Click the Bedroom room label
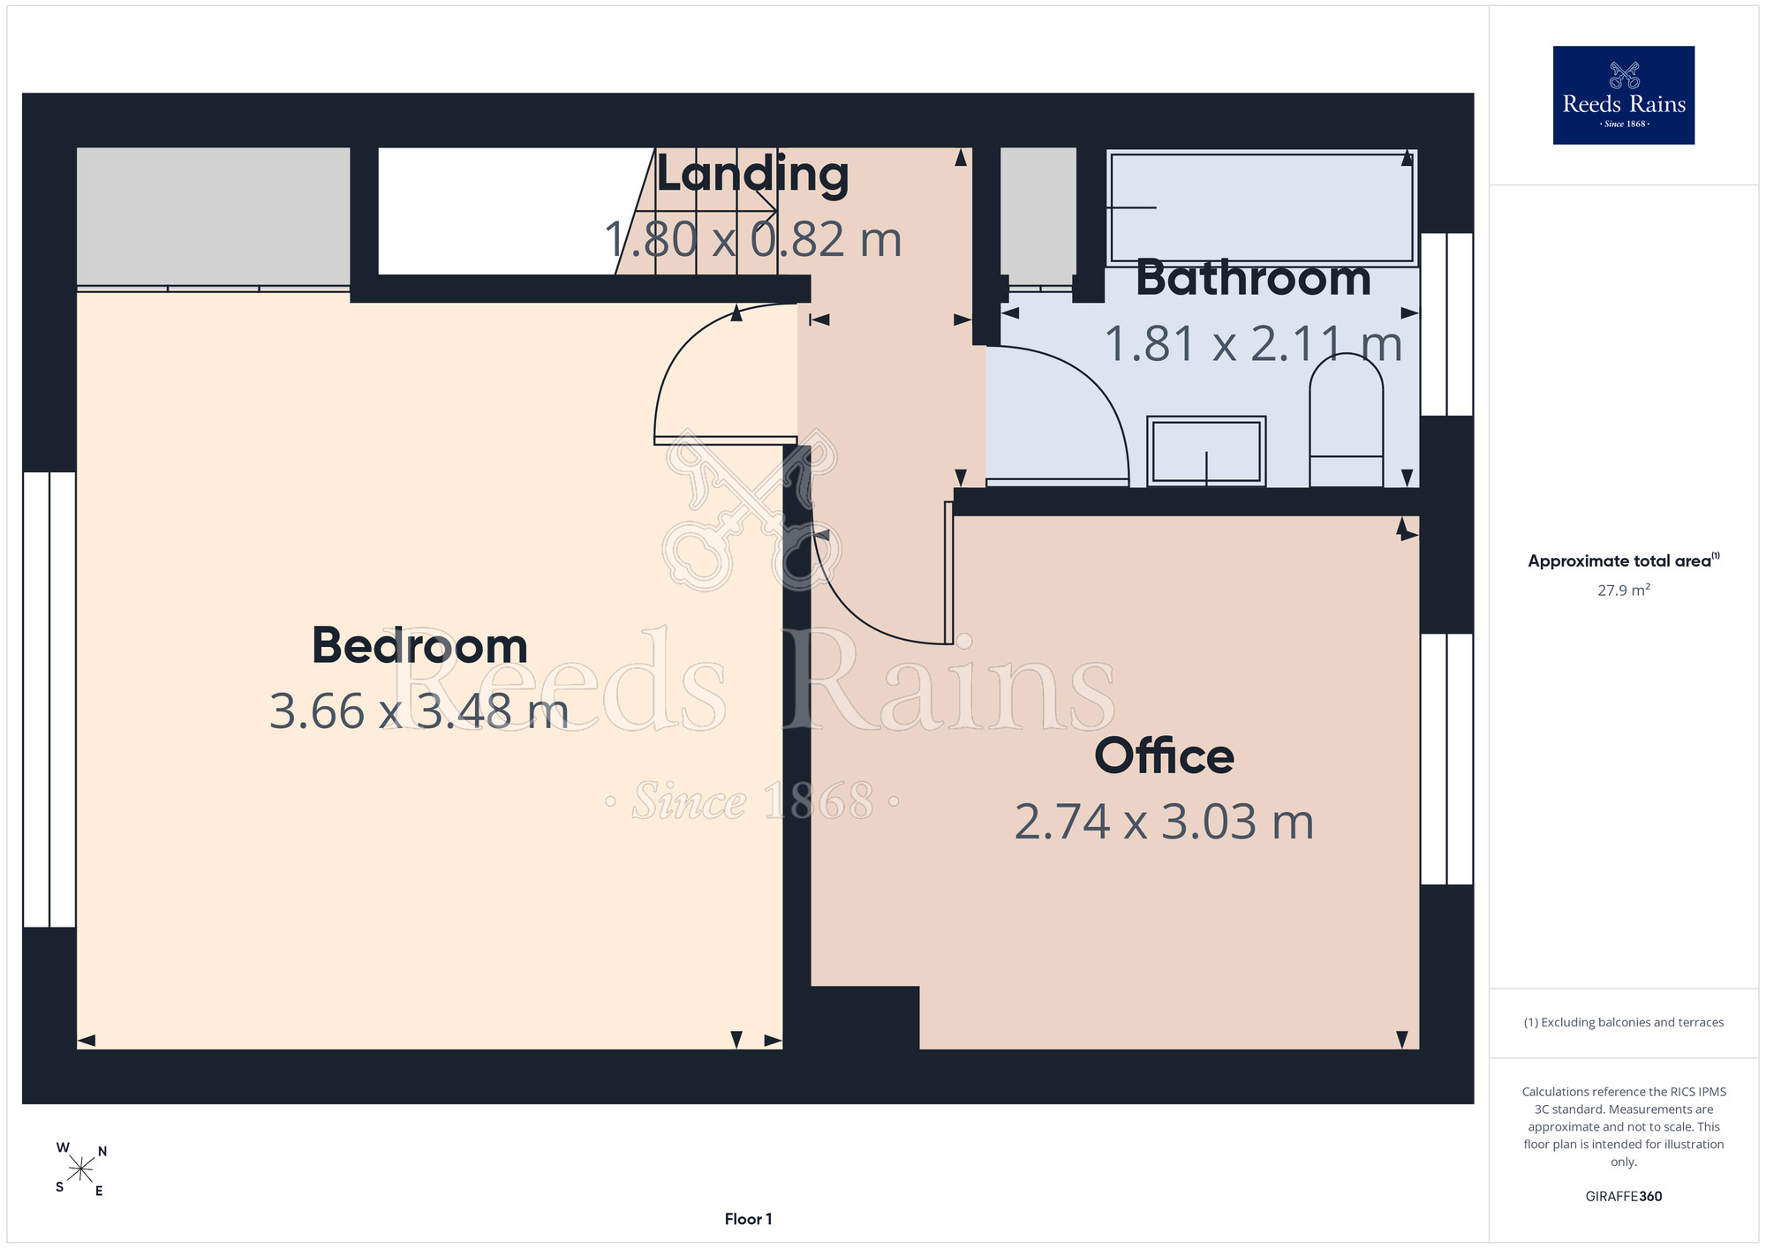coord(419,645)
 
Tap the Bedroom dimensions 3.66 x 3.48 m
coord(419,711)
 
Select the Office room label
coord(1164,756)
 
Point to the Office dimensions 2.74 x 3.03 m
coord(1164,822)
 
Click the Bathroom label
coord(1253,278)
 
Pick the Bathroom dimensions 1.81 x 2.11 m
coord(1253,344)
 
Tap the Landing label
coord(752,175)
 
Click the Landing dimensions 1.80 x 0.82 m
coord(752,239)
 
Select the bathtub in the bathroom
coord(1262,207)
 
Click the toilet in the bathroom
coord(1346,420)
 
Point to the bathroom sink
coord(1206,451)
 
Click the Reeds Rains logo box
coord(1624,95)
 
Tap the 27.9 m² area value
coord(1624,590)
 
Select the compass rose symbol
coord(81,1169)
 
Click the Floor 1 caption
coord(748,1219)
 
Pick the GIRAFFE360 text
coord(1624,1197)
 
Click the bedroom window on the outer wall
coord(49,699)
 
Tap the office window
coord(1446,759)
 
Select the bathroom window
coord(1446,324)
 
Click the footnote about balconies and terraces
coord(1624,1022)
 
